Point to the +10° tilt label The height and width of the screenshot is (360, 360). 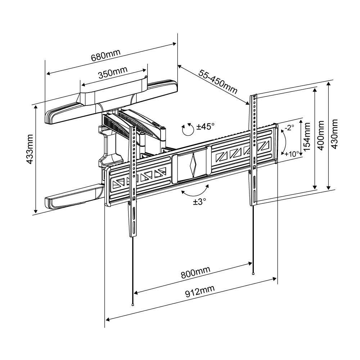pos(292,154)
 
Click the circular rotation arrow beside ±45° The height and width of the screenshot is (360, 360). pos(187,130)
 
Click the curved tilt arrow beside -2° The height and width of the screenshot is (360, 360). pos(283,141)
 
